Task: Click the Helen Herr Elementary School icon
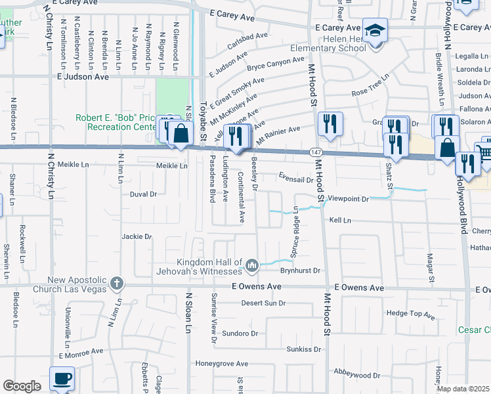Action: pyautogui.click(x=375, y=31)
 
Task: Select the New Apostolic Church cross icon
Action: pyautogui.click(x=116, y=284)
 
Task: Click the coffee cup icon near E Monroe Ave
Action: pyautogui.click(x=62, y=378)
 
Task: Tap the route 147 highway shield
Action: pyautogui.click(x=315, y=152)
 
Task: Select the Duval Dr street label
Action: pyautogui.click(x=144, y=194)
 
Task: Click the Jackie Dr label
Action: pyautogui.click(x=137, y=236)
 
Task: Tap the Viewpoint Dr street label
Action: pyautogui.click(x=353, y=198)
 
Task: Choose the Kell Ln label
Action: pyautogui.click(x=341, y=221)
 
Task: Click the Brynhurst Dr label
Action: pyautogui.click(x=299, y=270)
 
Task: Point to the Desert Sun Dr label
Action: pyautogui.click(x=263, y=303)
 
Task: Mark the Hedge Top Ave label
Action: pyautogui.click(x=411, y=315)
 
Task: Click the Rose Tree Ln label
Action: pyautogui.click(x=370, y=93)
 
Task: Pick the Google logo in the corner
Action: pyautogui.click(x=22, y=386)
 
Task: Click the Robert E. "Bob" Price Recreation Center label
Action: pyautogui.click(x=116, y=122)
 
